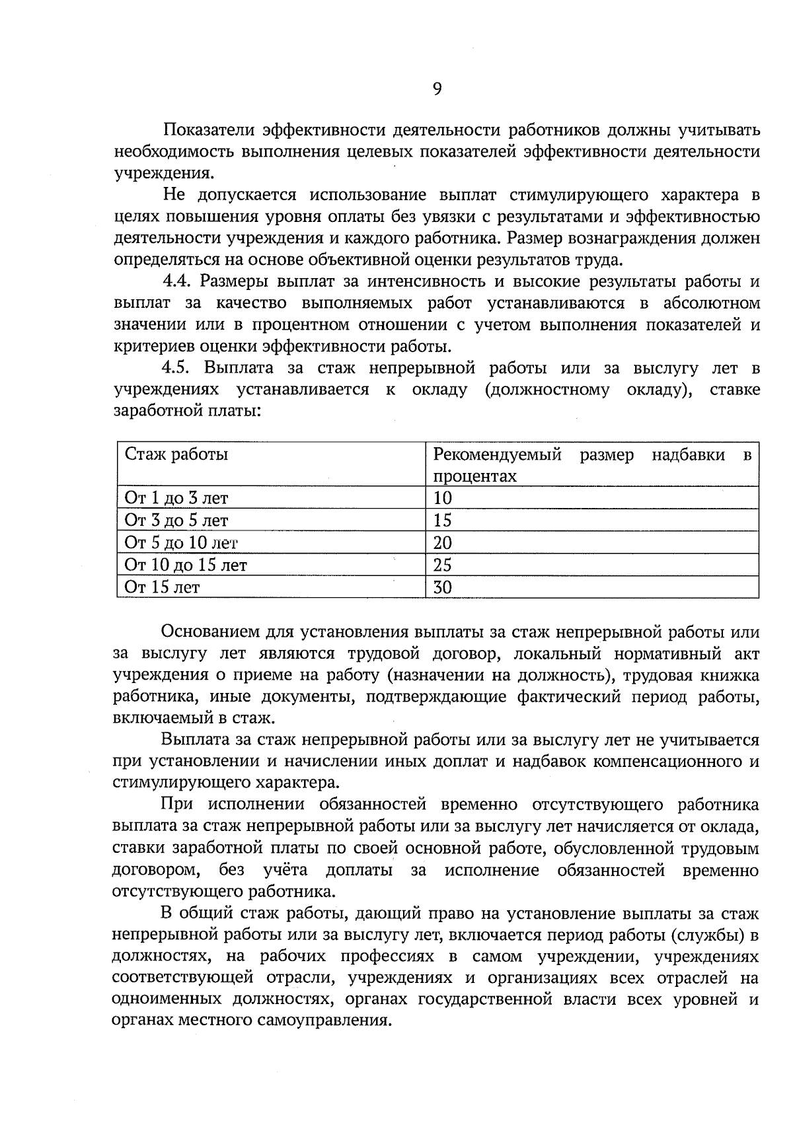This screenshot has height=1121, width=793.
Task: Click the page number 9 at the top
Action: coord(437,89)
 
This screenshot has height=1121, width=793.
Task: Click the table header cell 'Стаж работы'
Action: coord(176,454)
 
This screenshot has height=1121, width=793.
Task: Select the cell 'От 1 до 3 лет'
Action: coord(176,498)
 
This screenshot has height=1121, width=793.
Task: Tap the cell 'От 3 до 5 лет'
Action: coord(176,521)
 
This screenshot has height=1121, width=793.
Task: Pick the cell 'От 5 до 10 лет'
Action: coord(181,543)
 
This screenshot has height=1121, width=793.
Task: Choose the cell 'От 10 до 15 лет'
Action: coord(186,565)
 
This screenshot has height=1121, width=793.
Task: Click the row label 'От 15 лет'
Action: coord(162,587)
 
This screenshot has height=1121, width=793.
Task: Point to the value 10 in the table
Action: coord(442,498)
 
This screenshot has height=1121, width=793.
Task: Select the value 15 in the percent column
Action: coord(442,521)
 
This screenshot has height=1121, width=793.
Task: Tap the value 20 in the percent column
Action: coord(442,543)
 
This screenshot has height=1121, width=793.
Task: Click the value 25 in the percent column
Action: coord(442,565)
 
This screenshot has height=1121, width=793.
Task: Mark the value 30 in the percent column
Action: coord(442,587)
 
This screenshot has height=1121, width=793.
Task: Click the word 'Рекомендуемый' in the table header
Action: coord(497,454)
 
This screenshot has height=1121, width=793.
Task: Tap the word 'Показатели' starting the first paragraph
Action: coord(208,129)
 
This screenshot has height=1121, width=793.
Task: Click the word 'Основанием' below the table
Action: coord(208,632)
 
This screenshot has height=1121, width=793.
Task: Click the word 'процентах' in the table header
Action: coord(474,476)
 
